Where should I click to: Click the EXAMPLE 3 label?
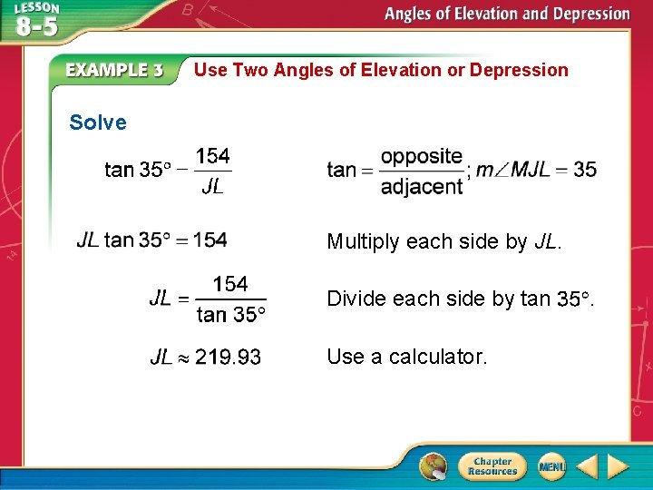click(113, 70)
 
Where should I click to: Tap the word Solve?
click(98, 122)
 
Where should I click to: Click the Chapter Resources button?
click(492, 466)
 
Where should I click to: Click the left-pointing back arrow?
click(587, 466)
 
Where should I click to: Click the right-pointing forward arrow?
click(618, 466)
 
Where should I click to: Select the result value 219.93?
click(228, 358)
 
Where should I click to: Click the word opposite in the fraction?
click(422, 156)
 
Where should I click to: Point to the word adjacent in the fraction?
click(422, 186)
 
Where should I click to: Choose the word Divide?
click(355, 299)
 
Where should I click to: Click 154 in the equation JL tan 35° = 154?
click(210, 240)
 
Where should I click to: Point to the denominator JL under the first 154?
click(212, 187)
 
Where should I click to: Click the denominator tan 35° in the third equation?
click(231, 315)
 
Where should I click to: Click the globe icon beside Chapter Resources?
click(434, 466)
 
